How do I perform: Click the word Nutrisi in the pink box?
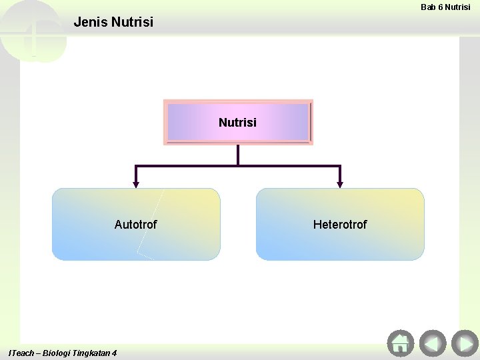coord(237,123)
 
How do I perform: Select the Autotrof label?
coord(135,225)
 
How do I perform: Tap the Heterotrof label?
coord(339,225)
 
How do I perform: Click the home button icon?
coord(400,343)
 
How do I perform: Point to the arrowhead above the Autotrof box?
coord(136,183)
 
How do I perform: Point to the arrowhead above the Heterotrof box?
coord(340,183)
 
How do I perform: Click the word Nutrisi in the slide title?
coord(133,22)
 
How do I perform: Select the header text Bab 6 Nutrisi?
coord(445,7)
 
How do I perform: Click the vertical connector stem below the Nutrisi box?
coord(238,155)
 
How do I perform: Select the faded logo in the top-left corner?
coord(32,30)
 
